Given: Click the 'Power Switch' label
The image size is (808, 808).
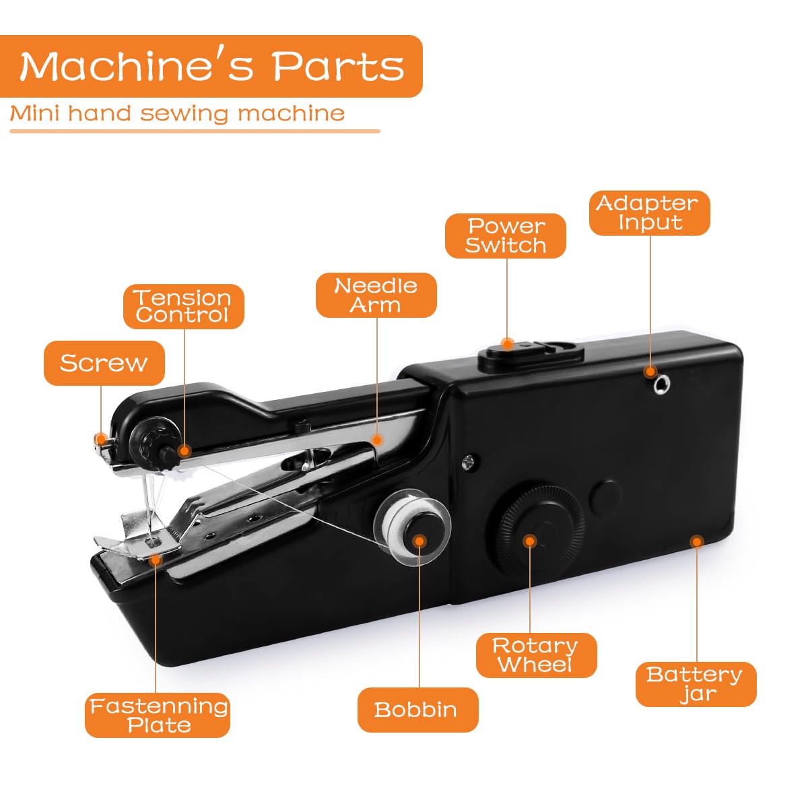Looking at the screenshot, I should (505, 236).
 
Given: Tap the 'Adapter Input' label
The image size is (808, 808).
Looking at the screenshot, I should (649, 213).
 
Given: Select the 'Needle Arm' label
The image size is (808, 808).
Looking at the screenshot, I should (376, 295).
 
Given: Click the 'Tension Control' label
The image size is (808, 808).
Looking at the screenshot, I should (183, 306).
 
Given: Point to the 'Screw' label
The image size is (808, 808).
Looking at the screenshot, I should (104, 363).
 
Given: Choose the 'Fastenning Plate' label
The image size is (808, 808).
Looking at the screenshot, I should (158, 715).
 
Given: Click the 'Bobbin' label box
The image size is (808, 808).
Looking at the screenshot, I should (417, 710).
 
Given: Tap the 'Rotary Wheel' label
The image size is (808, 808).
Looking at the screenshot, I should (536, 655).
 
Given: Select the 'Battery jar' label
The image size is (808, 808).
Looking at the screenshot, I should (696, 684).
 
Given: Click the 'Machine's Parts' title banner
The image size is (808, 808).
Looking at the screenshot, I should (211, 66).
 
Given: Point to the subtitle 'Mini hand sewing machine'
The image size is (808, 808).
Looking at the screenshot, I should (177, 113).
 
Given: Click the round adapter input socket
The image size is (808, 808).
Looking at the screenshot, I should (661, 384).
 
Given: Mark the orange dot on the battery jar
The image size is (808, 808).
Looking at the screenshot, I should (697, 541).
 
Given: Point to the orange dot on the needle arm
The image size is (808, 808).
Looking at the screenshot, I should (377, 440).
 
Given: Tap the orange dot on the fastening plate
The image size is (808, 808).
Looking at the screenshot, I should (156, 558).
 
